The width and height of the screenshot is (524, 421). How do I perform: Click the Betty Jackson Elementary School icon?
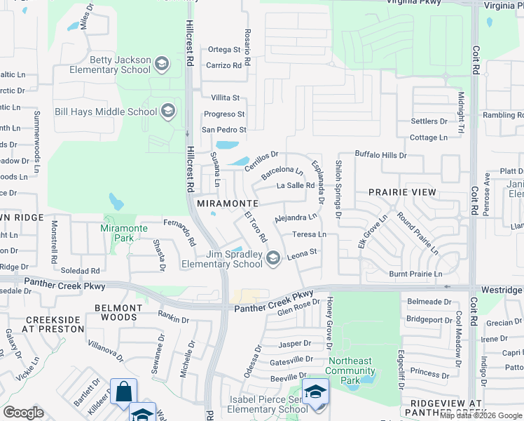162,65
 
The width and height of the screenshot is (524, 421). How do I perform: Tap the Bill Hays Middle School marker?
167,111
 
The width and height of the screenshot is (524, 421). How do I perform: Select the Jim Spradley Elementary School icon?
273,260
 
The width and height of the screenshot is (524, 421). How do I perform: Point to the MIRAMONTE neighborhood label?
228,203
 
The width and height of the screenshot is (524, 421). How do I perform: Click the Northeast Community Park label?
350,366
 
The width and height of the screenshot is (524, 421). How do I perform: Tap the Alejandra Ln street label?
297,218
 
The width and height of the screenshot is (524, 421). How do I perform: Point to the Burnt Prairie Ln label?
416,274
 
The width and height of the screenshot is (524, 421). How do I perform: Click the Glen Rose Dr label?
298,307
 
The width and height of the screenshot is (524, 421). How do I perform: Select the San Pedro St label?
224,130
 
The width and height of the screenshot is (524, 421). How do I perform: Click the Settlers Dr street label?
429,121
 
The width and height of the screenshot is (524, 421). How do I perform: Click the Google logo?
24,413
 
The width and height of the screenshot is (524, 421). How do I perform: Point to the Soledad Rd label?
81,270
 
